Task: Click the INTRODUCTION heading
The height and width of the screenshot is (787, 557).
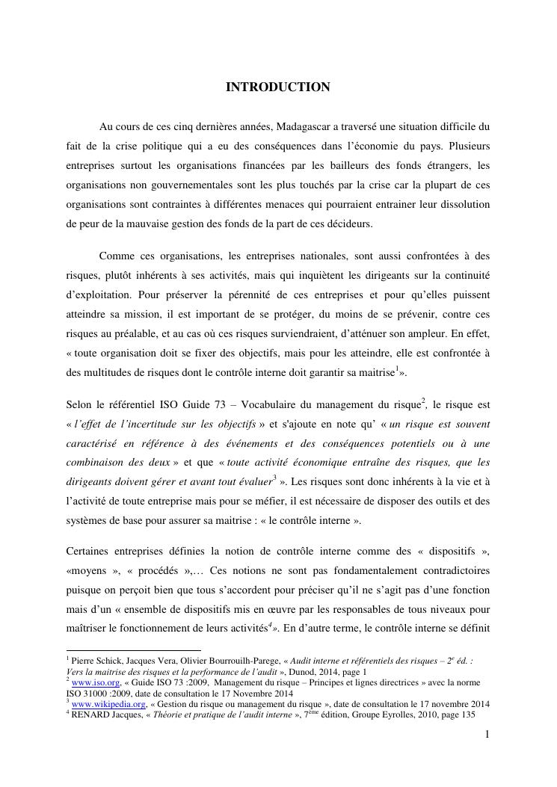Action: coord(278,87)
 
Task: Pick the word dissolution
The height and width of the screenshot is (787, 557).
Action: coord(463,204)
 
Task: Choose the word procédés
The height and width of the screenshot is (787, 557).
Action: coord(156,572)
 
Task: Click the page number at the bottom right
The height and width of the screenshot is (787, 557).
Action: coord(487,735)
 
